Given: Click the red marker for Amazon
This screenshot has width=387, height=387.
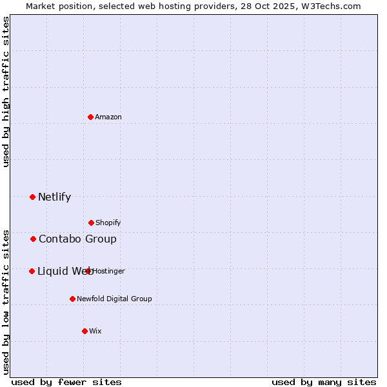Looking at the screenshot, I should [x=90, y=117].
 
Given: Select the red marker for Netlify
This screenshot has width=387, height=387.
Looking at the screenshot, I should [x=32, y=197].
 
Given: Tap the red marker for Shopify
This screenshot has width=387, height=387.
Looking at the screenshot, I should [x=91, y=223].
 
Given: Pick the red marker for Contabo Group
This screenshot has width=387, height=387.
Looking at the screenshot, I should [x=33, y=239].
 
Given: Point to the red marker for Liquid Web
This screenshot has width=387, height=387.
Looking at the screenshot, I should [x=32, y=271].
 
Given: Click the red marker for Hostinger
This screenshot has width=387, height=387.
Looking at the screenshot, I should [x=88, y=271].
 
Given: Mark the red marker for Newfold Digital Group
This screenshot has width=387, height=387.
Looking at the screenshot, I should [x=72, y=299].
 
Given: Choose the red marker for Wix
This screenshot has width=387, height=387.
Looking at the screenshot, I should [x=84, y=331].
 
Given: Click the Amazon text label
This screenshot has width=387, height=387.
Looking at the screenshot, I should [x=108, y=117].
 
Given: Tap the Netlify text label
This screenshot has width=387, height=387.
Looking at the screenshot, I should [x=54, y=197].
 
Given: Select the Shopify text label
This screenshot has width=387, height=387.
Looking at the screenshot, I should [x=108, y=223].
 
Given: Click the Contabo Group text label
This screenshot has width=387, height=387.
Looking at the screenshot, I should [x=77, y=239].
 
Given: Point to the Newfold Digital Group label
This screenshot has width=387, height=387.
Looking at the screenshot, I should [x=114, y=299].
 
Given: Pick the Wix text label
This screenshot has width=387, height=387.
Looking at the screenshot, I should [x=95, y=331].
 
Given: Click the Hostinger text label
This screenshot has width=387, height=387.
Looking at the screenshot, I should [x=109, y=271].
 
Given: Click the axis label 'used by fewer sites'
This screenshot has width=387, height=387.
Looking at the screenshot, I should [x=66, y=382].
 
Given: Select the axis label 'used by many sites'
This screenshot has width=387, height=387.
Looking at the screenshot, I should [x=324, y=382].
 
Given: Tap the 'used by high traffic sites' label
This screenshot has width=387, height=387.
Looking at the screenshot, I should [x=6, y=92].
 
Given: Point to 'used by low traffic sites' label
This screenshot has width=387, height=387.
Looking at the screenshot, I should [x=6, y=301].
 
